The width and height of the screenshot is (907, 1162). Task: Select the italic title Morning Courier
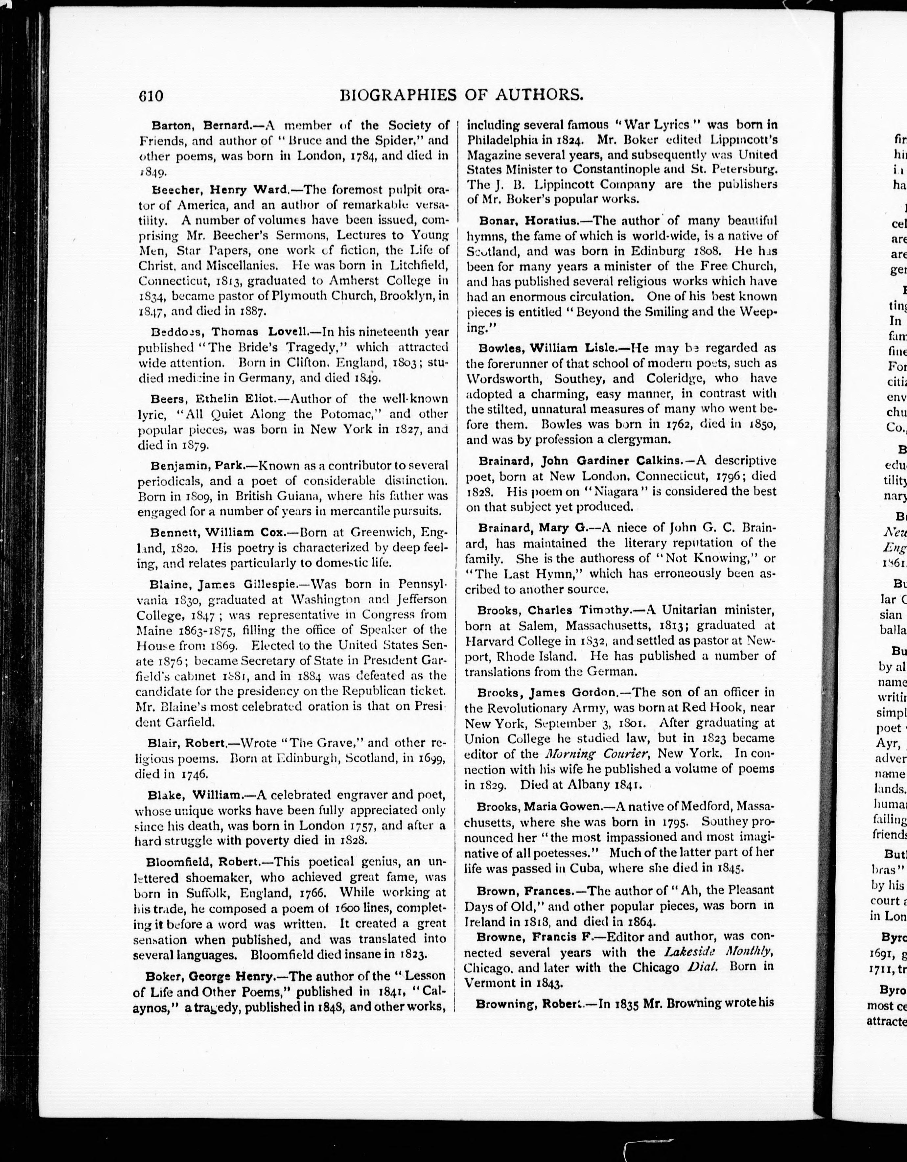591,754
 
